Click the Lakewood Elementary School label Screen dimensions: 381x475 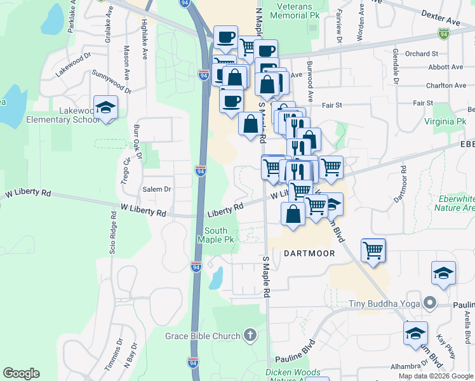click(62, 115)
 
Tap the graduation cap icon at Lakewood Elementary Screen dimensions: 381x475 click(106, 107)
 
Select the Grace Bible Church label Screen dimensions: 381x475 click(203, 336)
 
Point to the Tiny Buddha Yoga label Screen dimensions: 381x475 click(385, 303)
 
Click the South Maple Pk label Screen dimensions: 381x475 click(220, 235)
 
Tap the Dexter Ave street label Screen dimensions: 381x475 click(440, 18)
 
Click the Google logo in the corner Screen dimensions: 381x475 click(21, 373)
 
